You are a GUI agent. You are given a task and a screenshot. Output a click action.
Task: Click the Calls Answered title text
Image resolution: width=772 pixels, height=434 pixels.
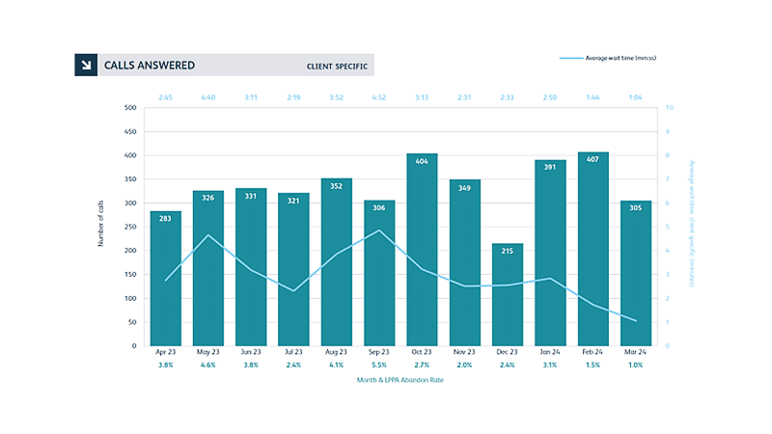(x=150, y=66)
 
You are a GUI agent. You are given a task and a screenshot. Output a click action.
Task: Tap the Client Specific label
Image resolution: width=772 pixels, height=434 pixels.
(x=335, y=67)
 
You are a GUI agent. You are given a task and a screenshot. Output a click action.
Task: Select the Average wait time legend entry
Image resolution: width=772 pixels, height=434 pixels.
(x=608, y=59)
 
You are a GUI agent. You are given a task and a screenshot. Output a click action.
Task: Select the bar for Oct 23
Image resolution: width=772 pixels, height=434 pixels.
(x=422, y=250)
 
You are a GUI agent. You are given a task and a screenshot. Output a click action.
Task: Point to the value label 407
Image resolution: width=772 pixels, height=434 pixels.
(x=593, y=161)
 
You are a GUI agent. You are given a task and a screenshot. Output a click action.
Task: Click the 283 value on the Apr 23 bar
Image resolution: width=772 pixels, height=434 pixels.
(x=165, y=220)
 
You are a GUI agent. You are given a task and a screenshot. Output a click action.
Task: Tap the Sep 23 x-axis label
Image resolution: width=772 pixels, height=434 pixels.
(x=379, y=353)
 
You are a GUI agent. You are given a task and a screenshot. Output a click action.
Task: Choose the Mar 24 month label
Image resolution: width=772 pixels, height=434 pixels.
(x=636, y=353)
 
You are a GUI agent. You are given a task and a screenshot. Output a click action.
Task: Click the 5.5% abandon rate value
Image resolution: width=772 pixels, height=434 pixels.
(x=379, y=366)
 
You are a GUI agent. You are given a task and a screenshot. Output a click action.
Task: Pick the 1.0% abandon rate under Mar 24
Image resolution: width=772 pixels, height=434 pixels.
(x=636, y=366)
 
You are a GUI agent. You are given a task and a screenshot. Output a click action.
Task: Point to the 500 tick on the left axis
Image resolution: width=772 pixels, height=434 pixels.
(x=129, y=107)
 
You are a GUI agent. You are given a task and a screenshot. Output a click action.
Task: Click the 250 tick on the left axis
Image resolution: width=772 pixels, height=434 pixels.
(x=129, y=227)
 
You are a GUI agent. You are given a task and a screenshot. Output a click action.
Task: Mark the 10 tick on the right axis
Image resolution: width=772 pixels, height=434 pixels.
(x=669, y=107)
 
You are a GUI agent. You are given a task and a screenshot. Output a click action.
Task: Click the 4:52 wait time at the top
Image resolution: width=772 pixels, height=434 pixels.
(x=379, y=97)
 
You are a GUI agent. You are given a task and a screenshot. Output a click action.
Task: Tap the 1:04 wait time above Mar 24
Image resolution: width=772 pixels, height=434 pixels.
(x=636, y=97)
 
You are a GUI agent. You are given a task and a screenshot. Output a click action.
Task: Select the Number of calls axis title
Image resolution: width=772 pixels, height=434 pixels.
(x=100, y=226)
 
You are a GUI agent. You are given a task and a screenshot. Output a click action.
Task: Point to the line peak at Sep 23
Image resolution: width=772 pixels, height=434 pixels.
(x=379, y=231)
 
